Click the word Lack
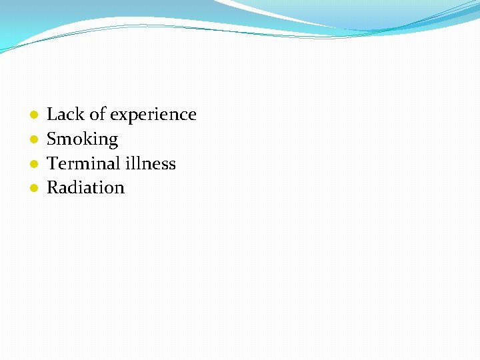(65, 115)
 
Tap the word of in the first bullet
(97, 115)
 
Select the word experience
(153, 115)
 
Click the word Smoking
(82, 139)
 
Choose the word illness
(151, 163)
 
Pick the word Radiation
(85, 188)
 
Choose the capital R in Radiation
(53, 188)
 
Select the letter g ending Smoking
(113, 141)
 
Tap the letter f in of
(103, 114)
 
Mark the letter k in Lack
(79, 115)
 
